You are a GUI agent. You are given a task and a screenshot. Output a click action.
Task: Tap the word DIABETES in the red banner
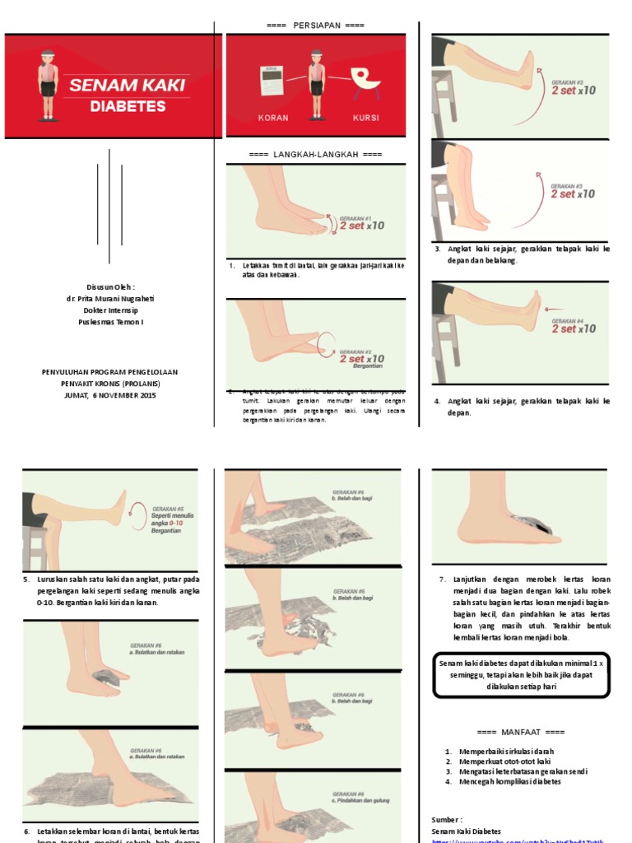128,106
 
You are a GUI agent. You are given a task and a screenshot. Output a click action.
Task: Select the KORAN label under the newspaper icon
273,118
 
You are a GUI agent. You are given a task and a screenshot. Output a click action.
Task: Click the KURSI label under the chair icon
365,118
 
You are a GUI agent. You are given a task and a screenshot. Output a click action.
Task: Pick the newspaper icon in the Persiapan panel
272,81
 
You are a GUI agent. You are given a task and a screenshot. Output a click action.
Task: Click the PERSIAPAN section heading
315,26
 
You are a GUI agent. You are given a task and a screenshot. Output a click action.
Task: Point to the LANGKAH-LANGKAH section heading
315,155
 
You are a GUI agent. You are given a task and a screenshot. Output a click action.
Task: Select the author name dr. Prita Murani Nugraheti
110,299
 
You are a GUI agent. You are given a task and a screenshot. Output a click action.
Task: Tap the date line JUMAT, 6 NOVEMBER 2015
109,395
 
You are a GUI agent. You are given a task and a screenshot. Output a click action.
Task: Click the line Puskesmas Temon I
110,322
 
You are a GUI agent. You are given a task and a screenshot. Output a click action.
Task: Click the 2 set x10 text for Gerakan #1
361,226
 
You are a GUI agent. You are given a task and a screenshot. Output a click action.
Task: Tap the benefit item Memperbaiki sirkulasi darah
505,752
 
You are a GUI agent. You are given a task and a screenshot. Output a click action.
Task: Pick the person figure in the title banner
48,86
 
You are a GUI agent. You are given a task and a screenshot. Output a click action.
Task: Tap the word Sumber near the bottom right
446,820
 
